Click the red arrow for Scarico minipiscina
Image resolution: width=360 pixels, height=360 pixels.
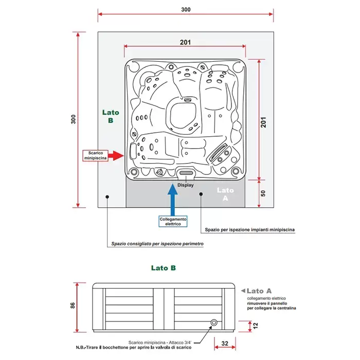coord(117,155)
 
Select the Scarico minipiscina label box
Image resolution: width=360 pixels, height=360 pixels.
coord(96,155)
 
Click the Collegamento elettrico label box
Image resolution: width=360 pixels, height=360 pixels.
coord(173,221)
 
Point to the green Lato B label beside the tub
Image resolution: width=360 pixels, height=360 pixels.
coord(111,116)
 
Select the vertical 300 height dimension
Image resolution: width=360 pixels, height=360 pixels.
coord(73,119)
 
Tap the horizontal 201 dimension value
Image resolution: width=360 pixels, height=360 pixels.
coord(186,42)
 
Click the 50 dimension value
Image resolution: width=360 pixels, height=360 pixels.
coord(263,193)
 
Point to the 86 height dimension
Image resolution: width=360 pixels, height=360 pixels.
coord(73,305)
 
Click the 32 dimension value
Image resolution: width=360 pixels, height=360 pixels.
coord(225,341)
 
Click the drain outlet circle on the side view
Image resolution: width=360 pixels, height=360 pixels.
coord(213,323)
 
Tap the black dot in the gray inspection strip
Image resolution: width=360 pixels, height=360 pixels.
coord(201,194)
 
